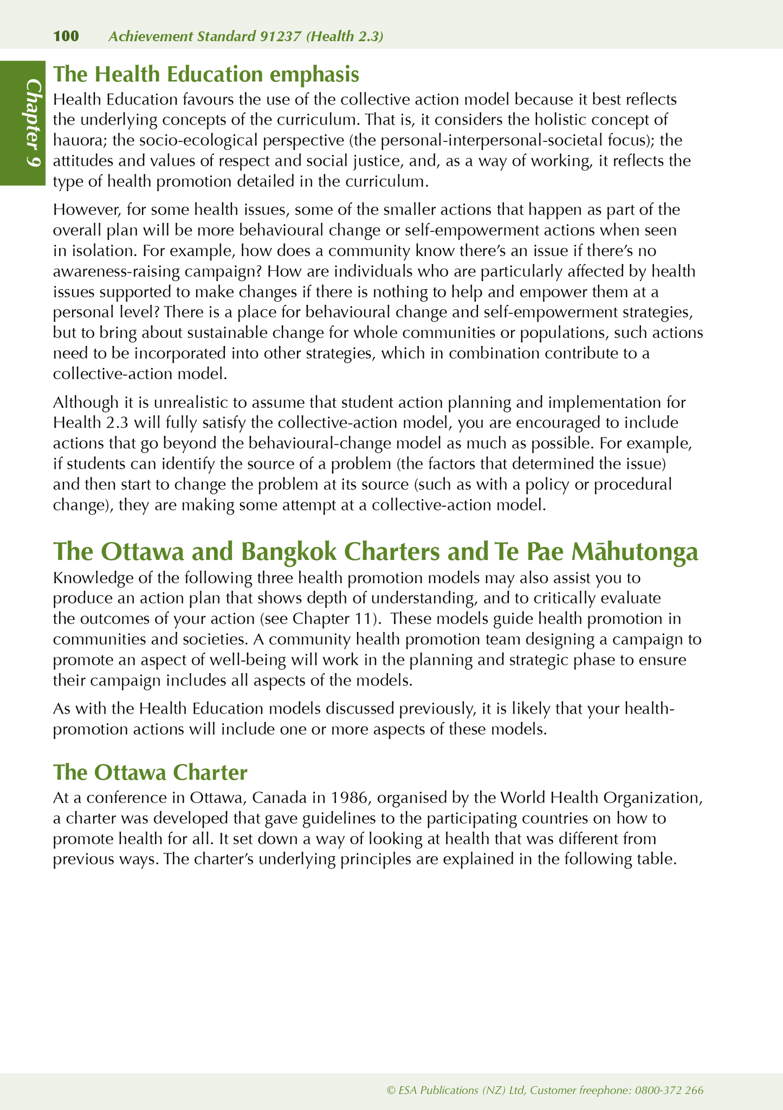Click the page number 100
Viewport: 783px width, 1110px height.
(x=66, y=36)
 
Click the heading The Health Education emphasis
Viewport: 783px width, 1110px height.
(x=206, y=74)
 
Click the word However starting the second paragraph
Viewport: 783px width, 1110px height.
(x=87, y=210)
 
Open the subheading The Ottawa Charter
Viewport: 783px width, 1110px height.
(x=150, y=772)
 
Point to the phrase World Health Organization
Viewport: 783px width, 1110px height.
(x=601, y=798)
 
